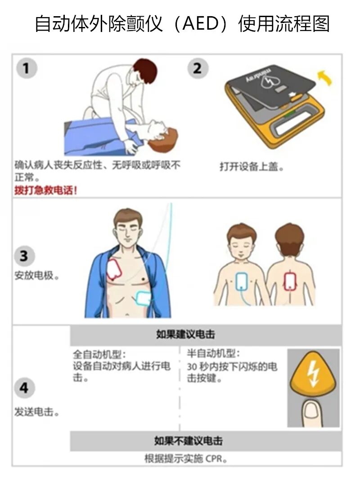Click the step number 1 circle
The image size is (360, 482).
pos(27,68)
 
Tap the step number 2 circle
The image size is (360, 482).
pos(198,68)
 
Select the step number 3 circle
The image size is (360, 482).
pos(24,256)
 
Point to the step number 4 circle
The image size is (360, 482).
pos(24,388)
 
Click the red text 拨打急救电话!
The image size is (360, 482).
pos(46,191)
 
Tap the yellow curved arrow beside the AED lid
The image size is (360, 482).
pos(325,77)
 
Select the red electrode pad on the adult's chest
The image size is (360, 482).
pos(114,269)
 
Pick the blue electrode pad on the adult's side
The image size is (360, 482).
pos(144,298)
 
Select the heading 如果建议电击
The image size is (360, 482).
pos(185,334)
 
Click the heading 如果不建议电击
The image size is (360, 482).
pos(188,441)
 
